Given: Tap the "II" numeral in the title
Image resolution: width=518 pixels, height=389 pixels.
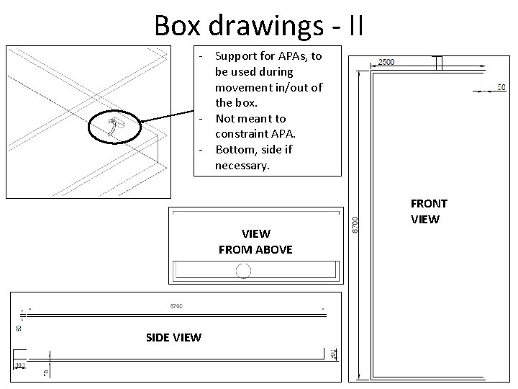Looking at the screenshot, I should pos(355,25).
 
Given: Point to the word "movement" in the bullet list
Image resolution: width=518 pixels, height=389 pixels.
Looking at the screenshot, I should pos(245,87).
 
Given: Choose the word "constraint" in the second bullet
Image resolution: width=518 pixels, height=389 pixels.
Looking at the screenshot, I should pos(242,134).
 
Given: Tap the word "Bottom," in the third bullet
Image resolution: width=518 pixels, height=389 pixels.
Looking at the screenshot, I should pos(235,149).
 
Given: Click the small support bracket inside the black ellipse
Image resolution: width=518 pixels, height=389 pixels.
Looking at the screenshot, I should pos(114,128).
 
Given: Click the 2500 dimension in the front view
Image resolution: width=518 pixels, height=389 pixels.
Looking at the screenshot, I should pos(387,62).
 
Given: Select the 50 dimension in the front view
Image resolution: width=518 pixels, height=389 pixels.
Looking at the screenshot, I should pos(502,88).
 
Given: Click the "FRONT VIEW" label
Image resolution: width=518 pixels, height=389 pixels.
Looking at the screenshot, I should pos(429,211).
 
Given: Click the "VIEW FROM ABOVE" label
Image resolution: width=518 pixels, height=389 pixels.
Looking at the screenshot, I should pos(255,241).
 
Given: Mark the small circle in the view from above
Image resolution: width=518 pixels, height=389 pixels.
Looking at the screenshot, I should pos(242,271).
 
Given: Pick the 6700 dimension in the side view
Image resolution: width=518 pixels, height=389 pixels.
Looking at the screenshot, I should pos(176,306).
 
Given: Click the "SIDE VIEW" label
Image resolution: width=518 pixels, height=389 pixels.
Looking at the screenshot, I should pos(173,337).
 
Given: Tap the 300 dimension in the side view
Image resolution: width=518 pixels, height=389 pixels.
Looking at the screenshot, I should pos(19,366).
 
